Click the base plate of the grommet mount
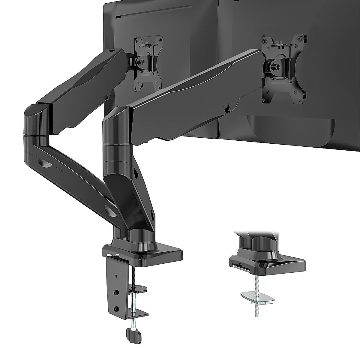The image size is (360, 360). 270,264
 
